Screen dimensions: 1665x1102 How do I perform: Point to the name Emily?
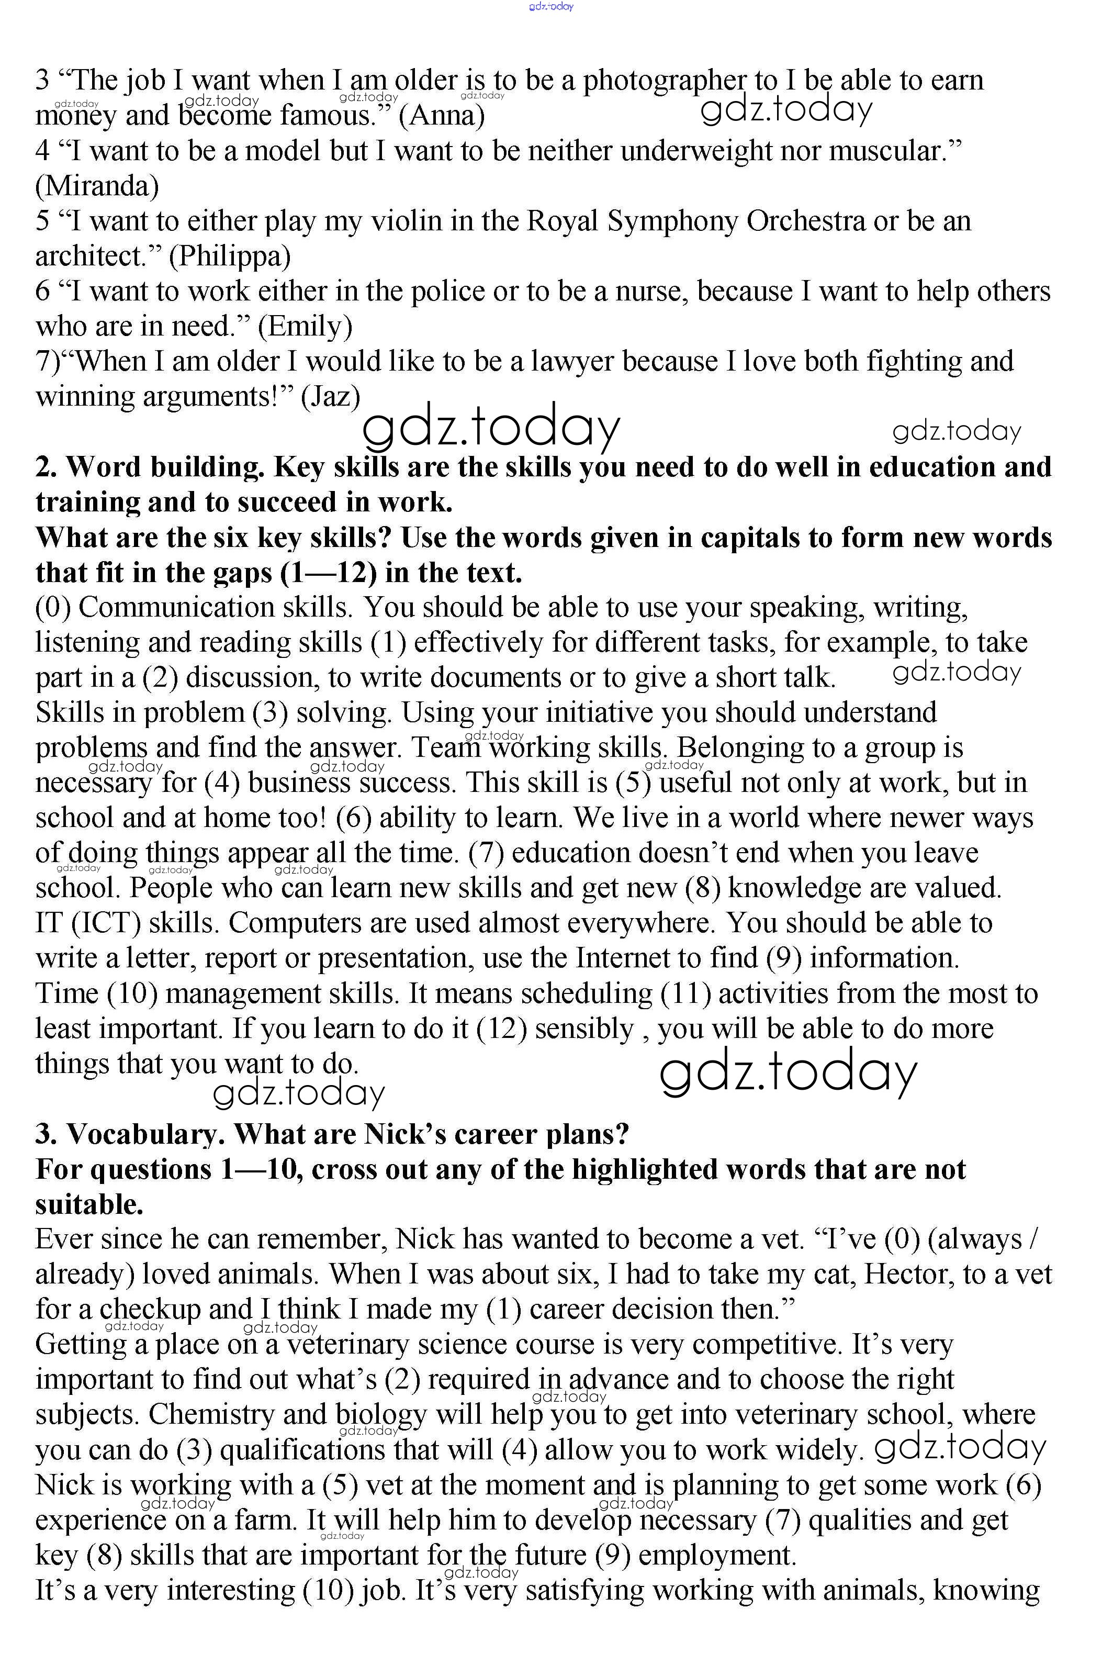coord(305,327)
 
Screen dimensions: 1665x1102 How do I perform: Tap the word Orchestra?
coord(805,221)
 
